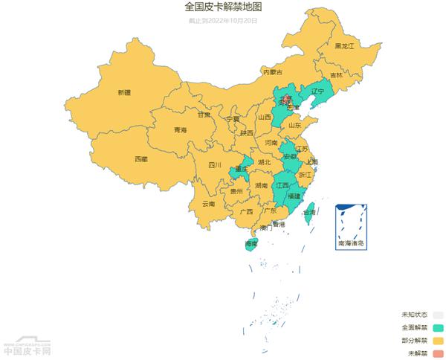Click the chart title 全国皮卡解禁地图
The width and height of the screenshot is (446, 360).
coord(223,7)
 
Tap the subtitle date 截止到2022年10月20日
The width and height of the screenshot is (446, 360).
coord(223,21)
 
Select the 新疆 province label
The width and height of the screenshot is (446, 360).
coord(123,92)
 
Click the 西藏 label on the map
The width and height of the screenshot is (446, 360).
coord(140,159)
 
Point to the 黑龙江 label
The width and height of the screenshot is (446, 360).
coord(344,46)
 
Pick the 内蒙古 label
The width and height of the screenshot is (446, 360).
coord(272,72)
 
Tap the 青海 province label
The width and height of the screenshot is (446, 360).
coord(180,130)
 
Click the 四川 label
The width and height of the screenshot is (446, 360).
coord(215,165)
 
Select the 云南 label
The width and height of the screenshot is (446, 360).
coord(208,203)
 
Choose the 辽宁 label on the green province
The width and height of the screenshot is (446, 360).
coord(318,91)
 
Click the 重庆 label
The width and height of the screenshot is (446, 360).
coord(240,169)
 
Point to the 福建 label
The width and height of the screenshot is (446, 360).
coord(294,196)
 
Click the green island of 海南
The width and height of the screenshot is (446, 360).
coord(252,245)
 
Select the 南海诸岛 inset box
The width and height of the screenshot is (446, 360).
coord(351,227)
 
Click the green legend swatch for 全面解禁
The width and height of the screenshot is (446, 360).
coord(438,327)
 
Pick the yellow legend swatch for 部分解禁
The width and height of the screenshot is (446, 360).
coord(438,341)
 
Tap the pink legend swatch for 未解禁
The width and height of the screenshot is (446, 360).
coord(438,353)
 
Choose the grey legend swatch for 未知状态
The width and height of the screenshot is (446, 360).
coord(438,315)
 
